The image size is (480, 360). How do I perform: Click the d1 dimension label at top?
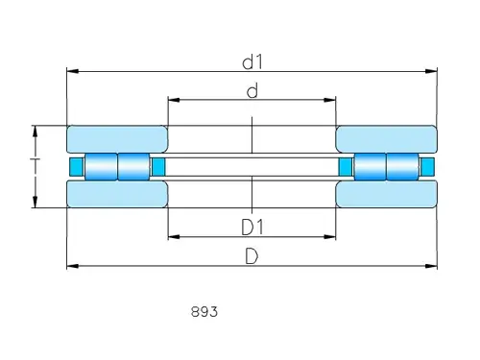(252, 62)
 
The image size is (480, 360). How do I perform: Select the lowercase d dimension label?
(252, 91)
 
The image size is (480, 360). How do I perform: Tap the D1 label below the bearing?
(252, 227)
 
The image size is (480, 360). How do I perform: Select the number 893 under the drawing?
(204, 312)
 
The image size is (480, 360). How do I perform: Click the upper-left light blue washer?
(116, 138)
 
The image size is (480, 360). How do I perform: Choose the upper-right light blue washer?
(387, 138)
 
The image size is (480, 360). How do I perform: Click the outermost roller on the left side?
(101, 167)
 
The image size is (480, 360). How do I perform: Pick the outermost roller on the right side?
(402, 167)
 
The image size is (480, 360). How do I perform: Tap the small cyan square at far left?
(75, 167)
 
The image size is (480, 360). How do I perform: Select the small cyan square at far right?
(428, 167)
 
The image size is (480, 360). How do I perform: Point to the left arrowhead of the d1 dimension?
(70, 71)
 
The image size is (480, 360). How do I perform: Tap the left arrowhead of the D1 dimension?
(173, 236)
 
